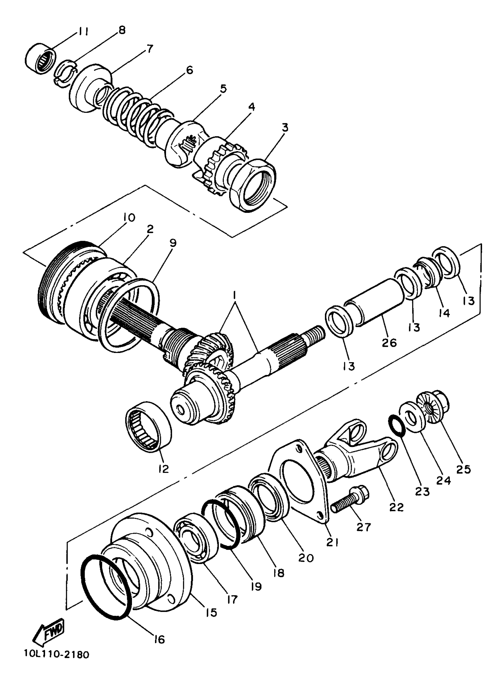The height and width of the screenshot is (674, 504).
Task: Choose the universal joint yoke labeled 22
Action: [357, 457]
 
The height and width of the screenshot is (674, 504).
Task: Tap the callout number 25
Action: [463, 469]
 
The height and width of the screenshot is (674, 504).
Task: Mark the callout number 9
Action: [173, 243]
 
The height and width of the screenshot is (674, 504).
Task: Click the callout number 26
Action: [389, 343]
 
